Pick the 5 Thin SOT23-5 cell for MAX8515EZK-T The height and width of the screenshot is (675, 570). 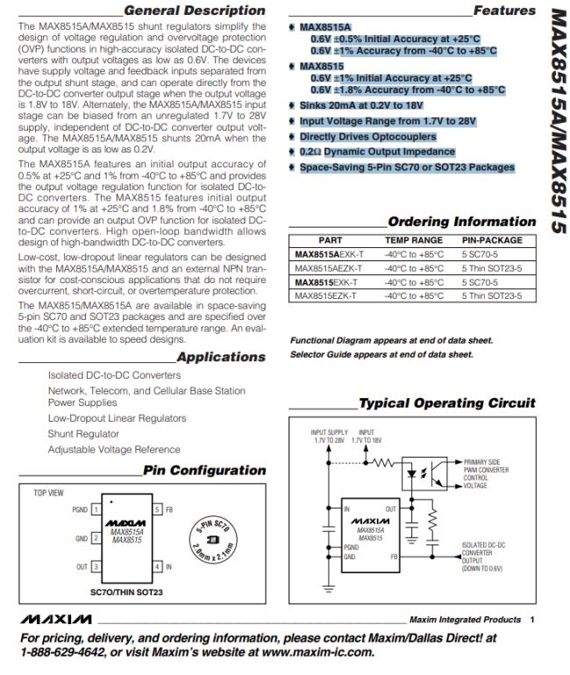pyautogui.click(x=491, y=296)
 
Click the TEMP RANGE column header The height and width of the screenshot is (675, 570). pyautogui.click(x=414, y=239)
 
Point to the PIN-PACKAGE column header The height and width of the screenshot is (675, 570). pyautogui.click(x=492, y=239)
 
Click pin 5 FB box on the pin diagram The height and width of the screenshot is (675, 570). pyautogui.click(x=158, y=508)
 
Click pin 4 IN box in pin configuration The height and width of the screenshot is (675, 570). pyautogui.click(x=158, y=568)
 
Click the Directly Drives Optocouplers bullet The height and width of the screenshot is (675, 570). pyautogui.click(x=367, y=137)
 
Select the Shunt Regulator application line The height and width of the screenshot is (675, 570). pyautogui.click(x=83, y=434)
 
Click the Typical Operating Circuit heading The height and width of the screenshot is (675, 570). pyautogui.click(x=447, y=403)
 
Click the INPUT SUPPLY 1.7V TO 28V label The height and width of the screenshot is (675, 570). pyautogui.click(x=329, y=436)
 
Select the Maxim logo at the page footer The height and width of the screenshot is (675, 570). pyautogui.click(x=47, y=620)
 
